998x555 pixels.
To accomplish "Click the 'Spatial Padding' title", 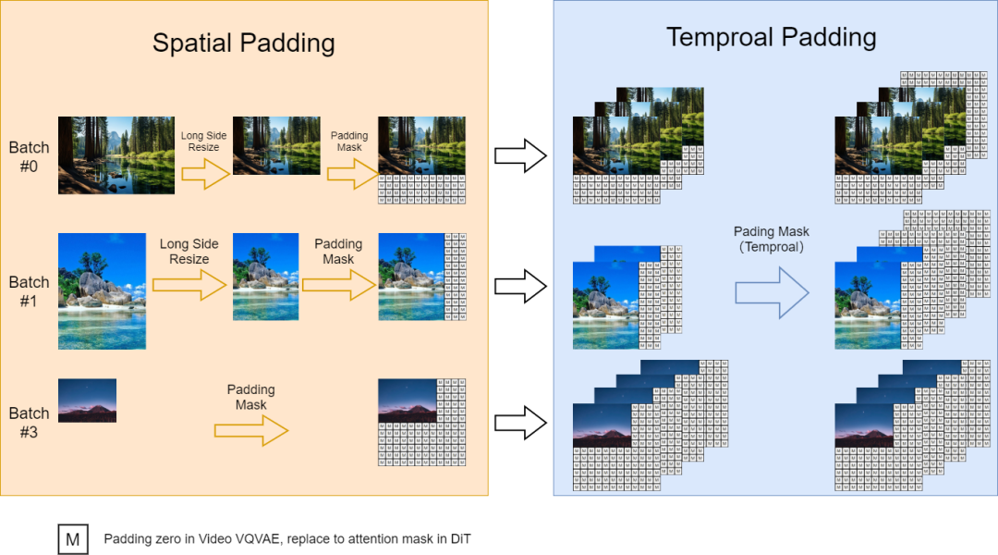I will [243, 43].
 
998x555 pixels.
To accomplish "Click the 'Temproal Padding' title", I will [771, 38].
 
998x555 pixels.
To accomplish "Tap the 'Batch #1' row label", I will [29, 290].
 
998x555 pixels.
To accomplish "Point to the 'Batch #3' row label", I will [29, 421].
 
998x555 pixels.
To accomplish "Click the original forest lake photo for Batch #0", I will [116, 154].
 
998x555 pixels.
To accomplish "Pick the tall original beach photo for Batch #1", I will [102, 290].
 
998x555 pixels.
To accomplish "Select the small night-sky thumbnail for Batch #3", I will [87, 400].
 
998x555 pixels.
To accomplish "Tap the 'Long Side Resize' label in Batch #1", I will [189, 252].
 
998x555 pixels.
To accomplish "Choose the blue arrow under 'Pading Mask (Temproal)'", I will [772, 292].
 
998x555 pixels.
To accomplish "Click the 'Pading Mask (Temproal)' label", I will [772, 239].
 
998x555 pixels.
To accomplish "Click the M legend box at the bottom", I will [72, 538].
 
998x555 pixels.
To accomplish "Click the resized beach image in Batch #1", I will [265, 277].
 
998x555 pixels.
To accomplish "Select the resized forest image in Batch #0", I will [276, 145].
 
